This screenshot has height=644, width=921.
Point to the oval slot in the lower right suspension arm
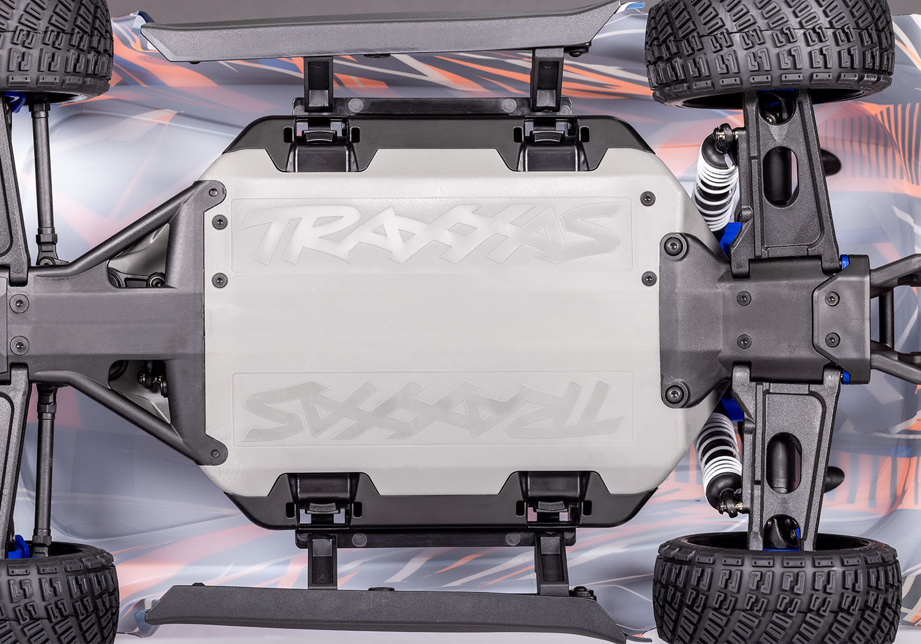pos(783,463)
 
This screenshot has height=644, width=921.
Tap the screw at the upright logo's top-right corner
pos(647,197)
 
